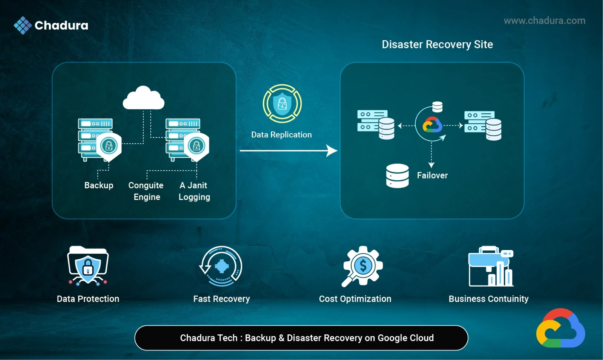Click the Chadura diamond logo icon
coord(23,25)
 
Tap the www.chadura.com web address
coord(544,21)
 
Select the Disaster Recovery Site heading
coord(437,44)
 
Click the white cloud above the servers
coord(144,98)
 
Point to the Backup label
coord(99,185)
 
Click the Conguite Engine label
coord(146,191)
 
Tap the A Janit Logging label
coord(194,191)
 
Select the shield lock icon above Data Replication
coord(282,104)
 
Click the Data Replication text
coord(282,135)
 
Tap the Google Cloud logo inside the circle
coord(432,125)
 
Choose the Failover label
coord(432,175)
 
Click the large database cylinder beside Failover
coord(397,176)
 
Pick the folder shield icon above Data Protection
coord(88,265)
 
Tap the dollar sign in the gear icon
coord(363,266)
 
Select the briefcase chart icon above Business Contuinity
coord(490,267)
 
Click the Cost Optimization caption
coord(355,299)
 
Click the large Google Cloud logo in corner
coord(560,328)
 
